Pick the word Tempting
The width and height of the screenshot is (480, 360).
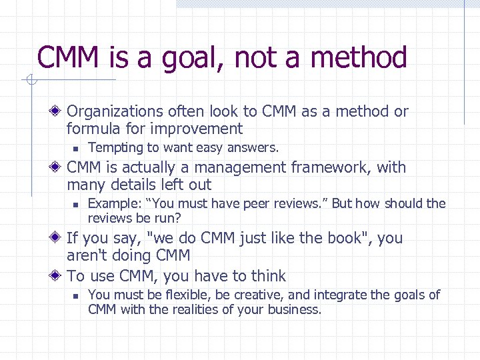(x=111, y=147)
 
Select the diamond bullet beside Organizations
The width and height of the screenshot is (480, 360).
(x=59, y=111)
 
